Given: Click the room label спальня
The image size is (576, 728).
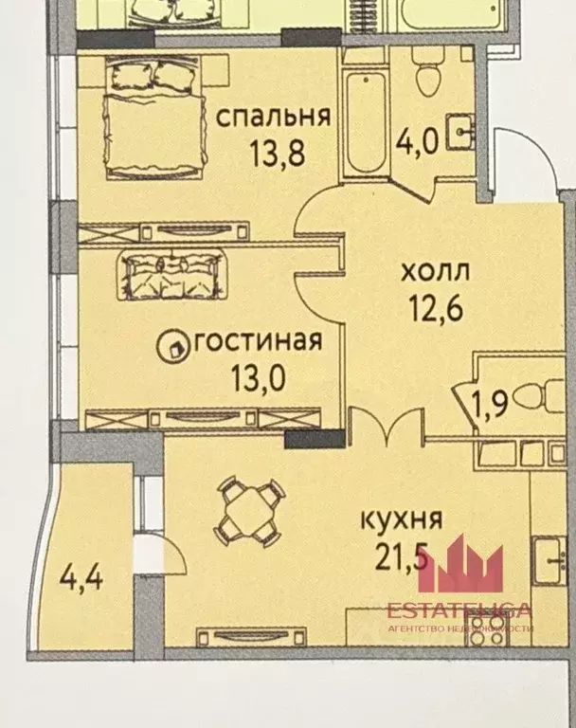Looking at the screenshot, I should tap(274, 118).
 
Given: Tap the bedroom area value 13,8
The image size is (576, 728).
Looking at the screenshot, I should tap(277, 153).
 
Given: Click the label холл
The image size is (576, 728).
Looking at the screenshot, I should tap(435, 273).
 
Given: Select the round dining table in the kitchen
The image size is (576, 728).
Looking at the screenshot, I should tap(249, 509).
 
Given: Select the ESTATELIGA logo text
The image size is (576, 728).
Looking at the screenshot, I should tap(459, 610).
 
